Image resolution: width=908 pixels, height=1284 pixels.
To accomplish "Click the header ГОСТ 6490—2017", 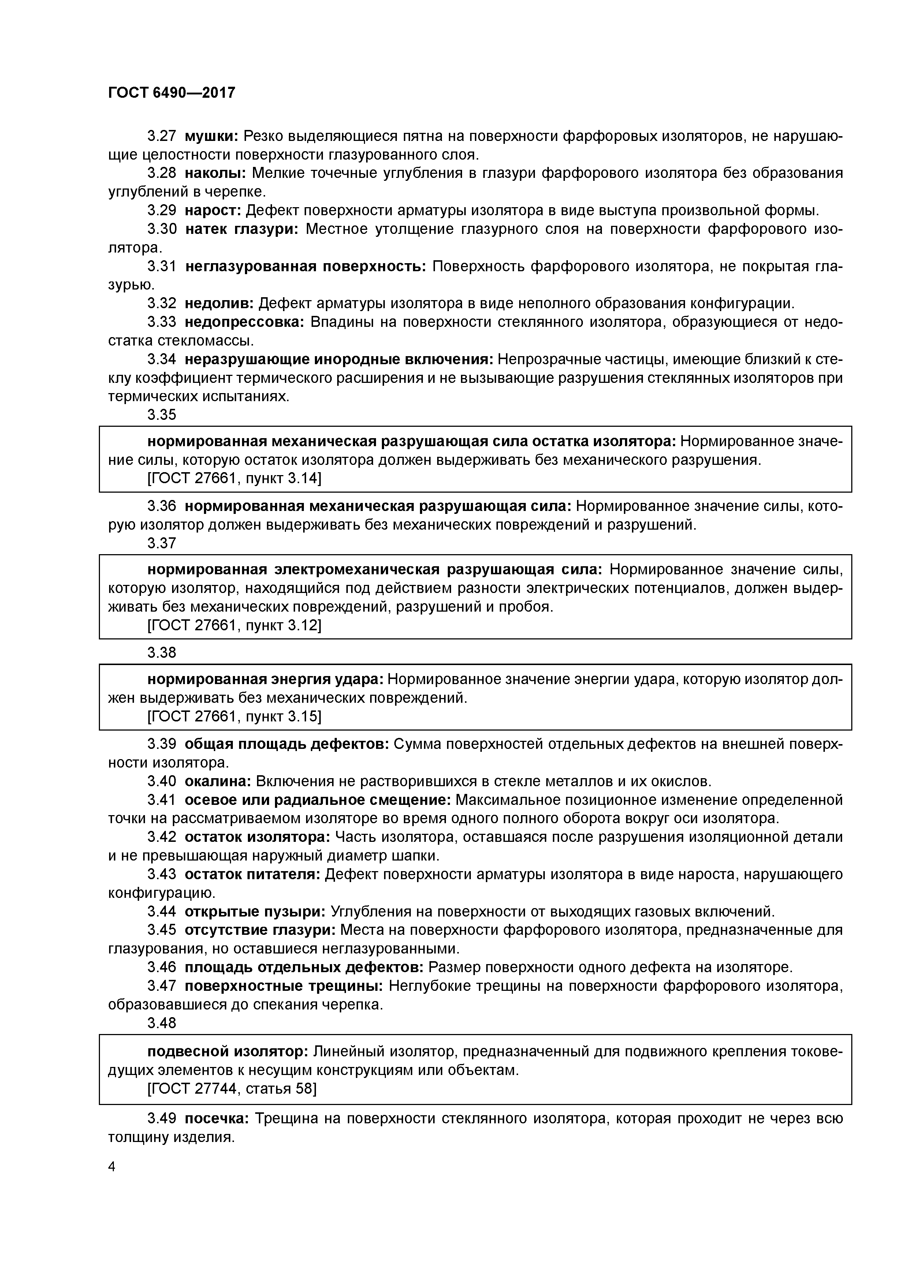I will (171, 93).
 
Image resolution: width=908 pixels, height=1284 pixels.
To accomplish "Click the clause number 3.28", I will (162, 173).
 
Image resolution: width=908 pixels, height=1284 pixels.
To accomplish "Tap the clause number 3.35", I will (162, 414).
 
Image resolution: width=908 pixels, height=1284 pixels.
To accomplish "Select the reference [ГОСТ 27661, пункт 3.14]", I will (234, 478).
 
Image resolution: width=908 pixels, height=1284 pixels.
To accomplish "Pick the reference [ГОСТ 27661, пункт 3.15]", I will (234, 716).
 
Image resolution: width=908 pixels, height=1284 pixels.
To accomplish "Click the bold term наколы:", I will (215, 173).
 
